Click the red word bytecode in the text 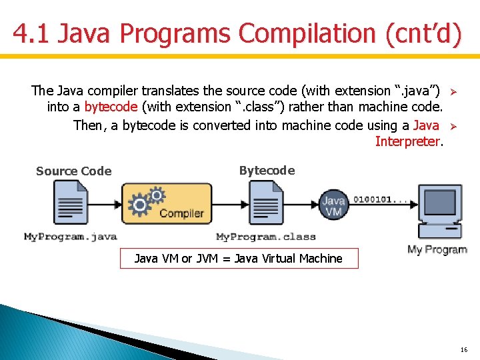tap(111, 107)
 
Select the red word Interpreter tap(408, 141)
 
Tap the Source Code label tap(73, 171)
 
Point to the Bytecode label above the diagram tap(267, 171)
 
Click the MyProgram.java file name tap(71, 237)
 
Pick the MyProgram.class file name tap(266, 237)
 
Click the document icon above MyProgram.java tap(71, 203)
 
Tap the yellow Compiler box tap(167, 203)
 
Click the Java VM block tap(333, 205)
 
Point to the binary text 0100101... tap(381, 199)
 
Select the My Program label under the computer tap(437, 250)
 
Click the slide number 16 tap(464, 349)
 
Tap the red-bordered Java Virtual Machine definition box tap(239, 259)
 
